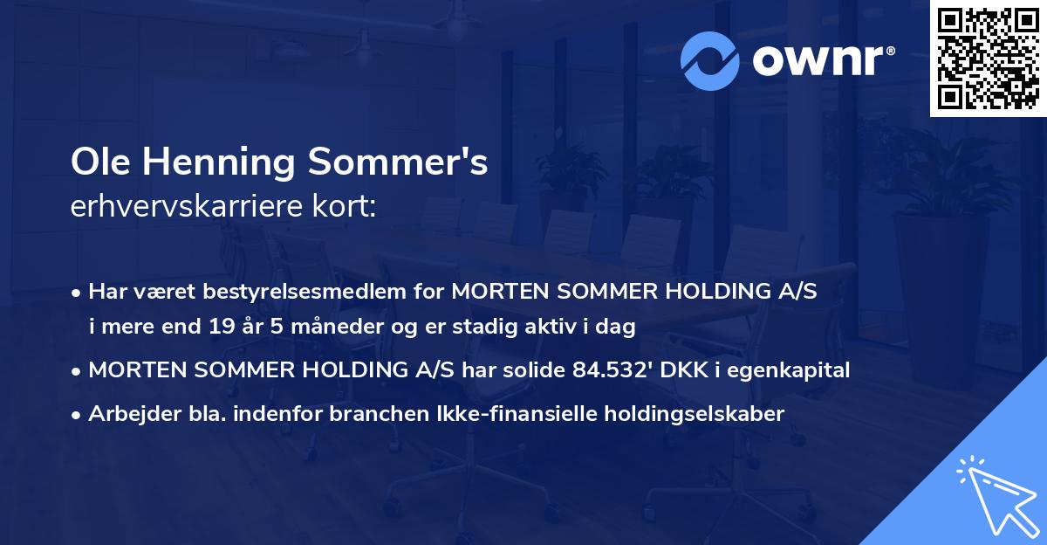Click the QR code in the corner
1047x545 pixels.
tap(988, 59)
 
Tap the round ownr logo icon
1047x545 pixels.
tap(708, 60)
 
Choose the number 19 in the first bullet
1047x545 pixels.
tap(241, 328)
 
